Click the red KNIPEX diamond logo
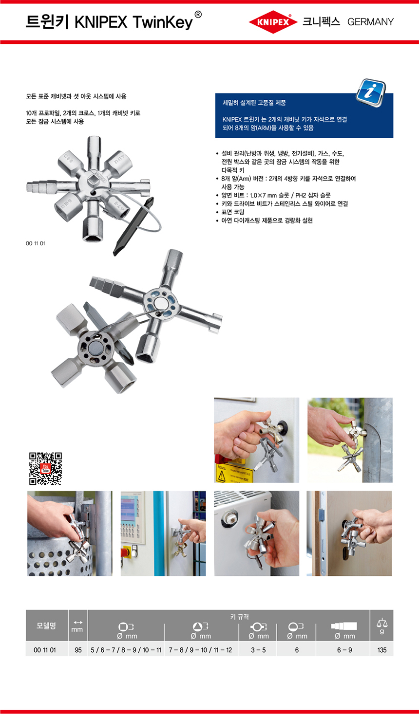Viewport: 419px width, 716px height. click(x=273, y=22)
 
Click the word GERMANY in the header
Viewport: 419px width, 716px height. click(x=370, y=22)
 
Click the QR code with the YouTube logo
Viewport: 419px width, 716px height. click(x=45, y=468)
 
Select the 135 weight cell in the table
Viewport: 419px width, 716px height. click(x=381, y=650)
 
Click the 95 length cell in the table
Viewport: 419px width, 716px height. click(x=78, y=650)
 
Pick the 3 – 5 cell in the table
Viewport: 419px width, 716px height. click(x=258, y=650)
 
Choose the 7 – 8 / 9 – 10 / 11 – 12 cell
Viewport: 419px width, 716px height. click(x=200, y=650)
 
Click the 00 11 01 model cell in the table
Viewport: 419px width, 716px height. click(x=45, y=650)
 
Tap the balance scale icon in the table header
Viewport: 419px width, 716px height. click(x=382, y=623)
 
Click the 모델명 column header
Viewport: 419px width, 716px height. click(x=46, y=625)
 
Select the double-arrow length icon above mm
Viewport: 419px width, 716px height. click(x=78, y=623)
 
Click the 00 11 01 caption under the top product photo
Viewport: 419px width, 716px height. click(x=36, y=243)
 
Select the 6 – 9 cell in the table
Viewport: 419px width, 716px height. click(x=344, y=650)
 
